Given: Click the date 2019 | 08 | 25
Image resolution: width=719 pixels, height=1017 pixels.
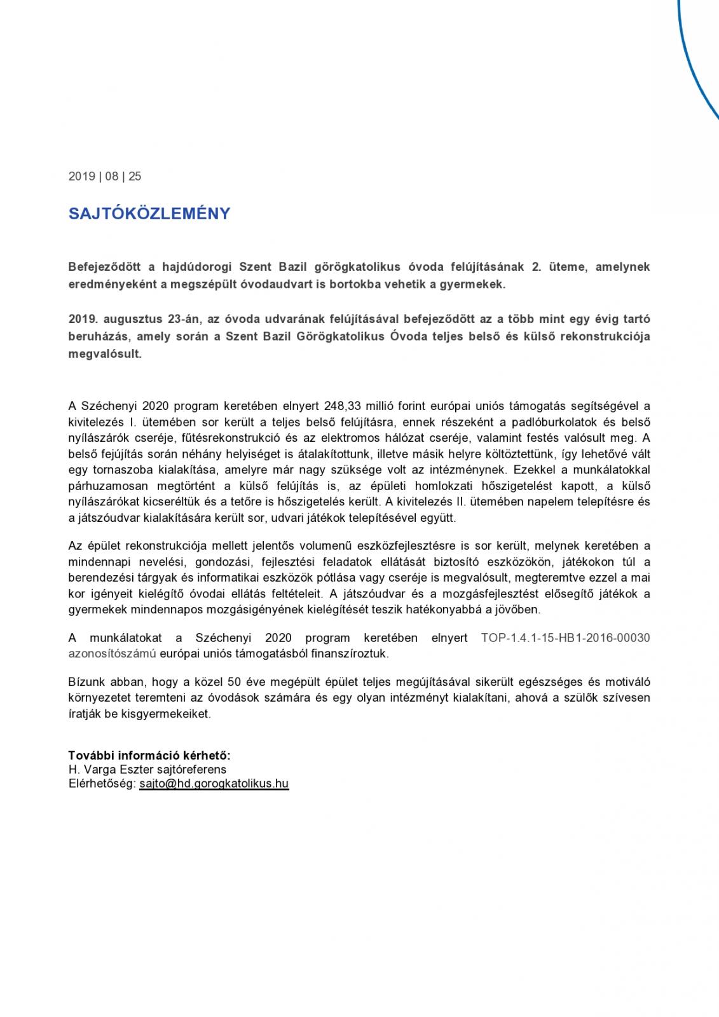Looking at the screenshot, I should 105,177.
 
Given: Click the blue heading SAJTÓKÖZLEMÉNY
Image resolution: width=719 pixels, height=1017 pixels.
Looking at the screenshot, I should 149,214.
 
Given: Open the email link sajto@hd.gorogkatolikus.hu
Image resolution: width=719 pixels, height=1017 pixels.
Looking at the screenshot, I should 214,784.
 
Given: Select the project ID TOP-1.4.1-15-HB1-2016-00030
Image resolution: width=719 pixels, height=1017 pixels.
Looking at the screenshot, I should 565,638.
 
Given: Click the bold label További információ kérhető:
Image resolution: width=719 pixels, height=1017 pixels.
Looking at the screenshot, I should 149,755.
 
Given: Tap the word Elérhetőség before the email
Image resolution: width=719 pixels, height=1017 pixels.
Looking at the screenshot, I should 102,784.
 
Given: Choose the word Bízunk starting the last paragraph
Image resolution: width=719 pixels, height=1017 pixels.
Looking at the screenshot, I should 87,682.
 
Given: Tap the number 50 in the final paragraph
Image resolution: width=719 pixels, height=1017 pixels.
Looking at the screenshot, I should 234,682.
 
